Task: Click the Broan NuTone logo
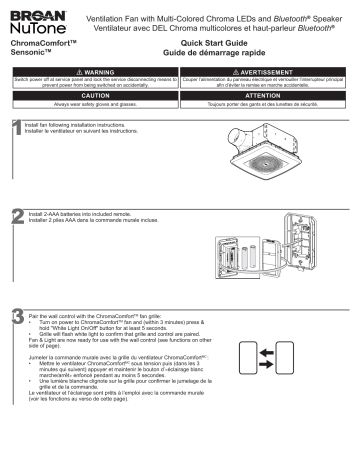pyautogui.click(x=32, y=20)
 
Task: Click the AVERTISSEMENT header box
pyautogui.click(x=268, y=72)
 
